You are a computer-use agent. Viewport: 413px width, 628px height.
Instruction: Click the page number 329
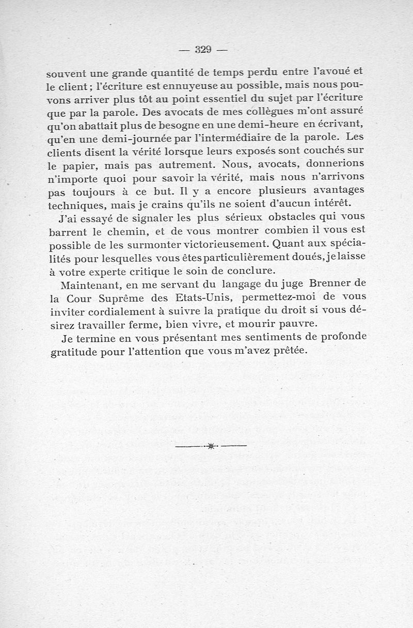[x=203, y=50]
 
